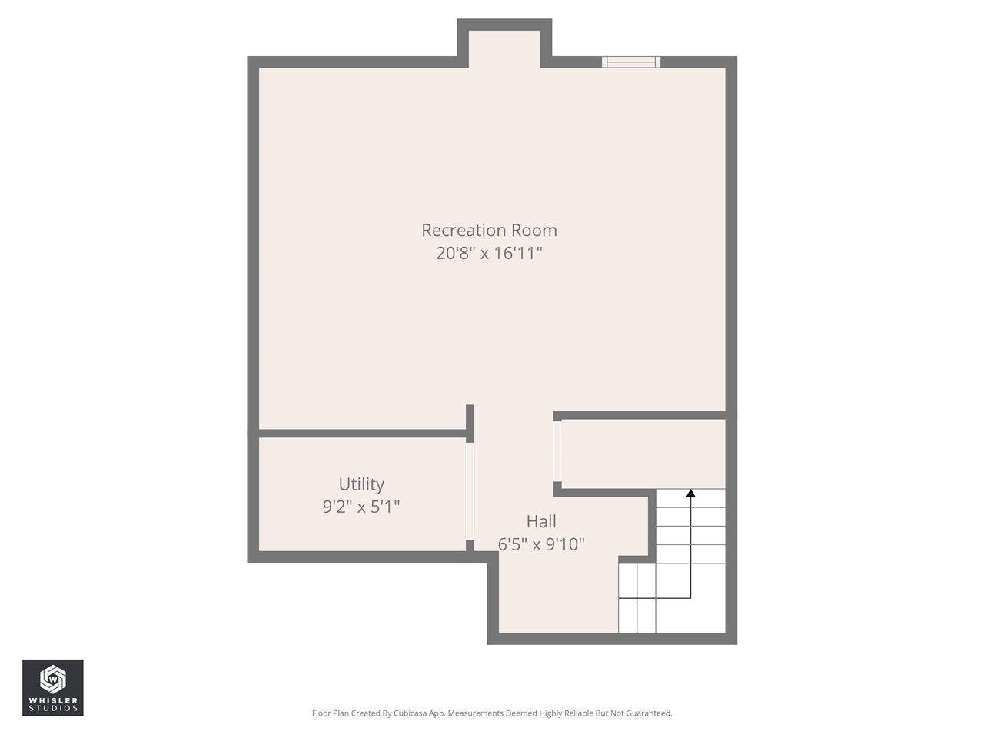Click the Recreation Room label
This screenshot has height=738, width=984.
489,230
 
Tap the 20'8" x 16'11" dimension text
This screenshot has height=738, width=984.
489,253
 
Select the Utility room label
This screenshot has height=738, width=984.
361,484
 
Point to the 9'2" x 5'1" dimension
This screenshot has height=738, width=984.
361,507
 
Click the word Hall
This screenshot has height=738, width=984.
541,521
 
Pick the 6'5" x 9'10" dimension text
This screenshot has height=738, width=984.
541,544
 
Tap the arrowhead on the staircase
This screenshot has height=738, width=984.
690,494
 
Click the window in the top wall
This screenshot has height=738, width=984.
630,62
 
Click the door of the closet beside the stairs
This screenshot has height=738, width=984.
557,451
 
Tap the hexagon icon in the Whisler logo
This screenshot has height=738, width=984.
52,679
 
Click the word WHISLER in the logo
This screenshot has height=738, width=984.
53,700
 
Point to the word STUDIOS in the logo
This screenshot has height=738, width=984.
53,709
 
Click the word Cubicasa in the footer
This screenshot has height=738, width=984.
410,713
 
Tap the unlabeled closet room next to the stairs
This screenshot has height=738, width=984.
643,454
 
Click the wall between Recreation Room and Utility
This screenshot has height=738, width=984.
361,434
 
